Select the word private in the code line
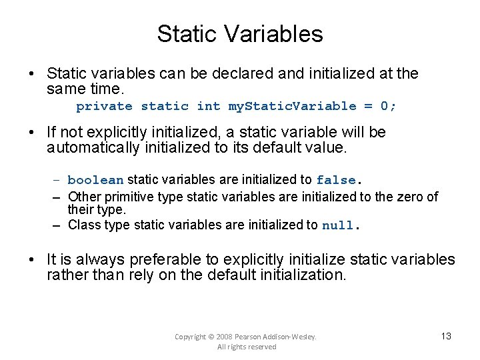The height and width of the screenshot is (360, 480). point(104,106)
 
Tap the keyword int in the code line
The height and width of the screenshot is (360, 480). point(209,106)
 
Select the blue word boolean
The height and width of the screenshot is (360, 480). point(95,180)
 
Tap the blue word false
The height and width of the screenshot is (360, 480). point(337,180)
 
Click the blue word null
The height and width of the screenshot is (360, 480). point(338,225)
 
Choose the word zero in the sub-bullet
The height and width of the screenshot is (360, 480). point(413,197)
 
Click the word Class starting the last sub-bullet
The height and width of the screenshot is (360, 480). point(84,225)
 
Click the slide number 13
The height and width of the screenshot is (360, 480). point(446,336)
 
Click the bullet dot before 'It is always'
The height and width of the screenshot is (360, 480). point(33,260)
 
